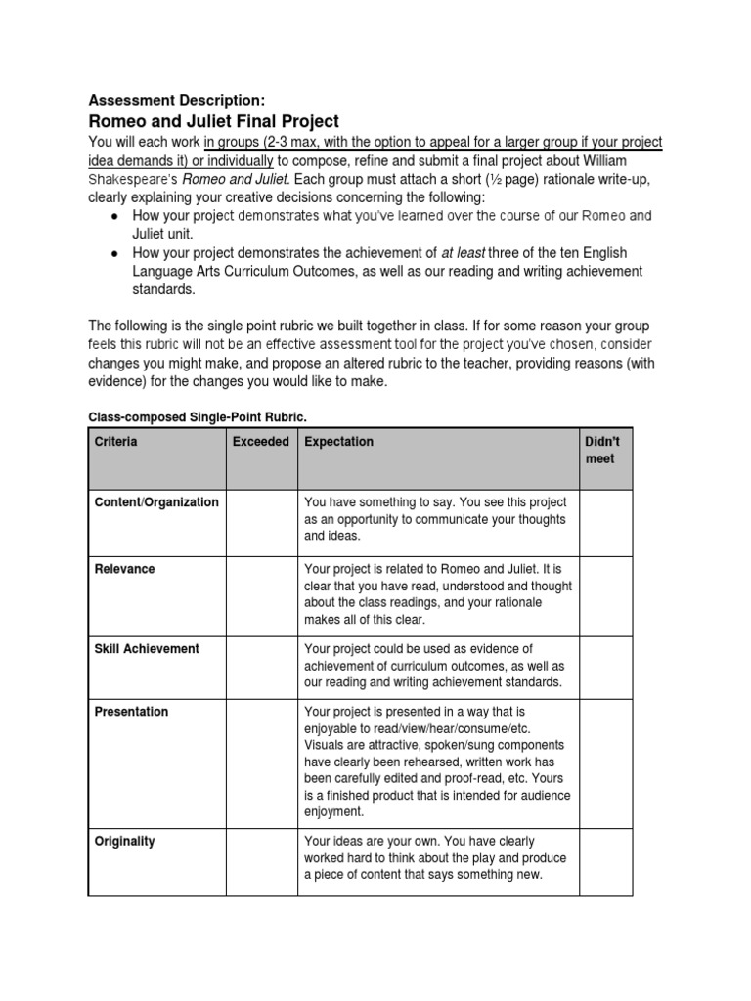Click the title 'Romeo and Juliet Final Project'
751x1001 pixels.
pos(214,122)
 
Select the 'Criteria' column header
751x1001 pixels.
pos(116,442)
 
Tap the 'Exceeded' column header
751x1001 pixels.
pos(261,442)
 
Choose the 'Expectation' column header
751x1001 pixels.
pos(339,442)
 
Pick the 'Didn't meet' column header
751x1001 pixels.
pos(602,451)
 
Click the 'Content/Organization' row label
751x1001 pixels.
pos(156,502)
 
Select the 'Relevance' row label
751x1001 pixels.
pos(124,569)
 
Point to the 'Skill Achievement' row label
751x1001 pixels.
pos(147,649)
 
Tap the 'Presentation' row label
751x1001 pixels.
pos(131,713)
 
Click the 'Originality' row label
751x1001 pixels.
pos(124,842)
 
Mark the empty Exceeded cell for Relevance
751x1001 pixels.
pos(261,593)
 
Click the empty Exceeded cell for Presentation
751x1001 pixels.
pos(261,760)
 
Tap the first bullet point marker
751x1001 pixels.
pos(115,216)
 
